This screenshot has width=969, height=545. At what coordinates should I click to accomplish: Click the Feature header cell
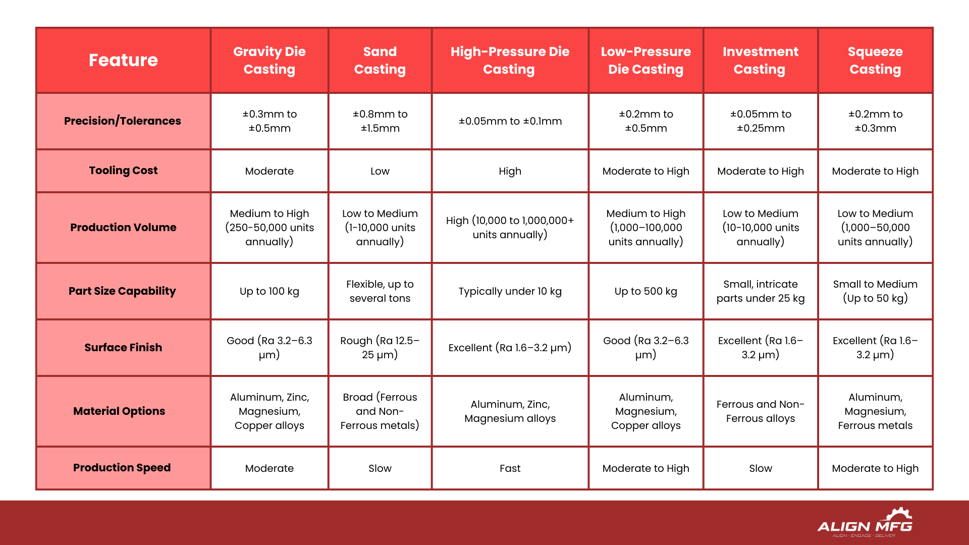click(x=123, y=60)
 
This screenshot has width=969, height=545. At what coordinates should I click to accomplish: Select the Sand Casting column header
click(x=380, y=60)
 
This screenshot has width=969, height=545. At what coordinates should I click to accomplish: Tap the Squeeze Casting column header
click(x=875, y=60)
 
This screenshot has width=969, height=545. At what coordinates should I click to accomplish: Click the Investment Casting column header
click(x=760, y=60)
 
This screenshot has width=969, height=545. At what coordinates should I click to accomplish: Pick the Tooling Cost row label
click(x=123, y=171)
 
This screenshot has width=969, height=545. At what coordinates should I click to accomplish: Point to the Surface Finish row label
click(x=123, y=347)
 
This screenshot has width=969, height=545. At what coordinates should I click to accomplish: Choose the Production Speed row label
click(x=122, y=467)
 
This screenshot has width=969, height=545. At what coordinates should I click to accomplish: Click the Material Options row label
click(x=119, y=411)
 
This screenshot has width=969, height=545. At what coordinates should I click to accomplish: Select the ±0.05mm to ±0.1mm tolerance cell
click(x=510, y=121)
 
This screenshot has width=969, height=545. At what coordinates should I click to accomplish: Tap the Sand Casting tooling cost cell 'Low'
click(x=380, y=171)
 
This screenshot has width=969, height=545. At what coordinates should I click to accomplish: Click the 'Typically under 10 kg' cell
click(x=510, y=291)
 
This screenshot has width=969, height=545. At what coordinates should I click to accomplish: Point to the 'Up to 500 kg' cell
click(x=645, y=291)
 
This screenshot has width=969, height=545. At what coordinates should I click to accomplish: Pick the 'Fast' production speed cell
click(x=510, y=468)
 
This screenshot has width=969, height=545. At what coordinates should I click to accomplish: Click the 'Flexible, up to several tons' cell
click(x=380, y=291)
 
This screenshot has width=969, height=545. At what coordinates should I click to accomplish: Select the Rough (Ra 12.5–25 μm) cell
click(x=380, y=347)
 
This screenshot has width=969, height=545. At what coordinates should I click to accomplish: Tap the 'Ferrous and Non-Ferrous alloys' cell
click(x=760, y=411)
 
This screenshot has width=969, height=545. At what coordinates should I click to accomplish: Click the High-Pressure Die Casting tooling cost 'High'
click(x=510, y=171)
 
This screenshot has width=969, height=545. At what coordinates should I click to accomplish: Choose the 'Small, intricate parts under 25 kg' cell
click(x=760, y=291)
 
